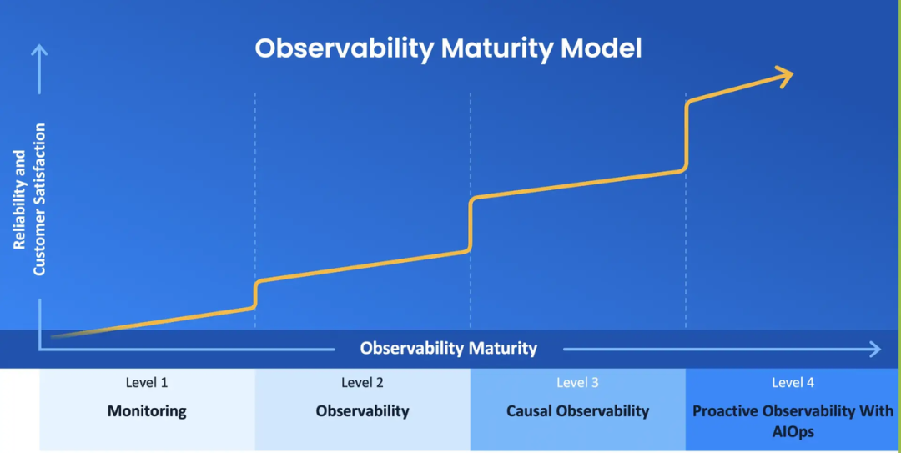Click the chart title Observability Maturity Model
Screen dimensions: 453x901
click(448, 48)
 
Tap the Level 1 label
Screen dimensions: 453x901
click(147, 383)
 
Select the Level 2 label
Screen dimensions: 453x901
click(362, 383)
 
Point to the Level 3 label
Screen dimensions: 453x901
click(577, 383)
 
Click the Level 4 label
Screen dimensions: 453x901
click(793, 383)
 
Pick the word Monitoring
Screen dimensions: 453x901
click(147, 411)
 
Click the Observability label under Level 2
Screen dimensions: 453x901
click(362, 411)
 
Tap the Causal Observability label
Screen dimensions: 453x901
click(577, 411)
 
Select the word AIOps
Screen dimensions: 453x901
click(793, 432)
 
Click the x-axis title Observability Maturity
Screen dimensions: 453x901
click(449, 348)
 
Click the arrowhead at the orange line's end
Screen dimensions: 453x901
click(784, 77)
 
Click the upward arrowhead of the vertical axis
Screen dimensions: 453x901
click(39, 52)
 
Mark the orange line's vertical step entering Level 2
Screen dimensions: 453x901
click(255, 294)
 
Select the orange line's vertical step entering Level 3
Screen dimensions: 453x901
click(471, 224)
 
